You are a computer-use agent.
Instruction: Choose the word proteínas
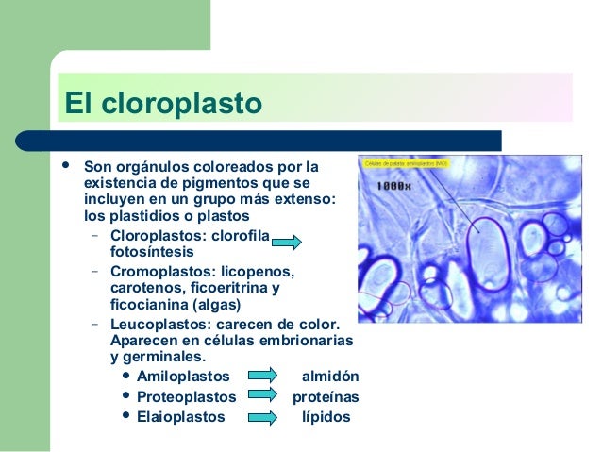[x=326, y=396]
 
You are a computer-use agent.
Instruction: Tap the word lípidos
[x=326, y=416]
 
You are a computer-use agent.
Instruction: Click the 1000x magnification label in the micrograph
[x=393, y=186]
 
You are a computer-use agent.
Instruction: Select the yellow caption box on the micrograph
[x=406, y=163]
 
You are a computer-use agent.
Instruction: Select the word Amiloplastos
[x=183, y=376]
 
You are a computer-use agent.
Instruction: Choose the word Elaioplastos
[x=181, y=416]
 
